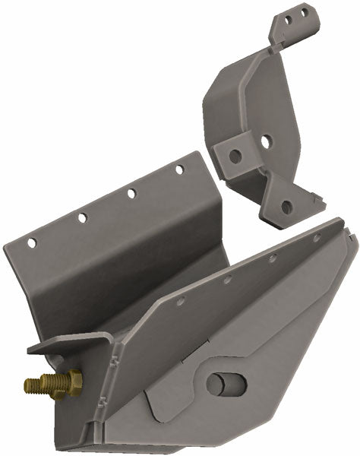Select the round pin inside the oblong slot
(225, 384)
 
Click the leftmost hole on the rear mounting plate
(32, 243)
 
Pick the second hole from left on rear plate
(82, 218)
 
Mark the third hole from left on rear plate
(131, 194)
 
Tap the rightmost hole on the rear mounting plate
(179, 169)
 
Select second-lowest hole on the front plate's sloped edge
(226, 280)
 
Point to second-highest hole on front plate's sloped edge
(272, 258)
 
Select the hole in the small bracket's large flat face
(267, 141)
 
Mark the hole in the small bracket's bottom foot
(286, 205)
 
